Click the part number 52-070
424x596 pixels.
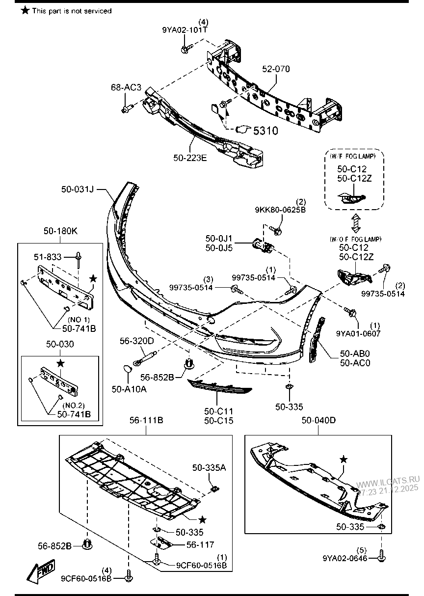coord(275,69)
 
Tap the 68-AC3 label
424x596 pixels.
coord(126,87)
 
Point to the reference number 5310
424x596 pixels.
coord(265,131)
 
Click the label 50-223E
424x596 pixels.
coord(190,158)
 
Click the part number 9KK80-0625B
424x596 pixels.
coord(280,210)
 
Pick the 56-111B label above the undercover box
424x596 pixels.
coord(146,421)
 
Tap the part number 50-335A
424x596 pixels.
coord(209,468)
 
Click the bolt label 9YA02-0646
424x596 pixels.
coord(345,558)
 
